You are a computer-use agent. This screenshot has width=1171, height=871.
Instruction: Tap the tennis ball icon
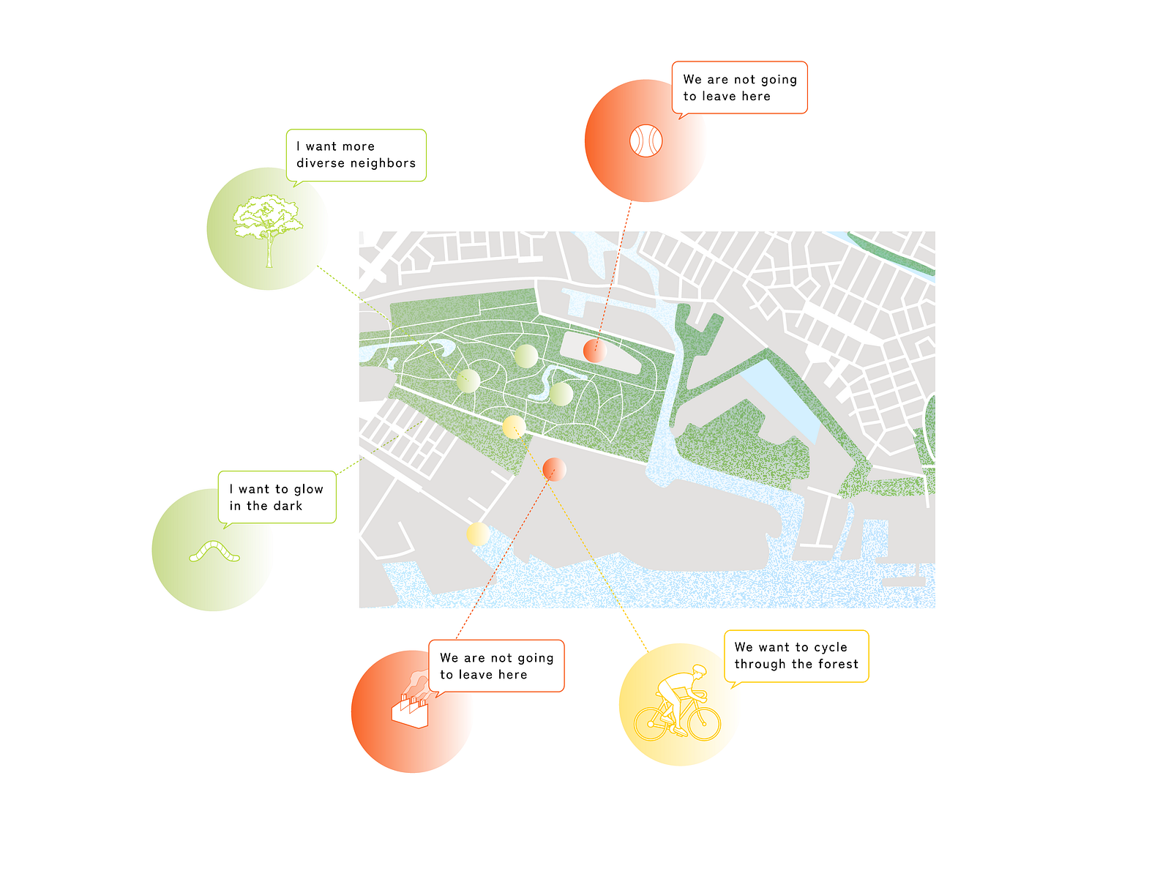pos(646,141)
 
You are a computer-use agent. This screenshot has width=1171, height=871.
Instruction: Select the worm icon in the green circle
pos(214,551)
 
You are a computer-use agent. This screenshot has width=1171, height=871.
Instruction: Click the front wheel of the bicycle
pos(704,724)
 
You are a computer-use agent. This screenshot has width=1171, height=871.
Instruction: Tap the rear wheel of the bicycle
pos(651,724)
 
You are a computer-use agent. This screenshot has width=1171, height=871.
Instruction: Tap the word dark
pos(288,506)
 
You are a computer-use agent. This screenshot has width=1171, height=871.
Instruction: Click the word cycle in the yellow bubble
pos(831,648)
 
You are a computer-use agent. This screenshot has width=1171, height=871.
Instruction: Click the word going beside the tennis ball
pos(779,80)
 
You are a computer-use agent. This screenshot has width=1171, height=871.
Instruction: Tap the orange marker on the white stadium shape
pos(595,350)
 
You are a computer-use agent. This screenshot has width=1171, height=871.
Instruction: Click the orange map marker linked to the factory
pos(554,469)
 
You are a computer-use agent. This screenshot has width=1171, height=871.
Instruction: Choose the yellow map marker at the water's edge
pos(478,534)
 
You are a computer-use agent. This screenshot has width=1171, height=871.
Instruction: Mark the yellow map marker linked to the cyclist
pos(514,427)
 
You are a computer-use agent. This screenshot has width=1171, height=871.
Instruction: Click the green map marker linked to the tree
pos(468,381)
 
